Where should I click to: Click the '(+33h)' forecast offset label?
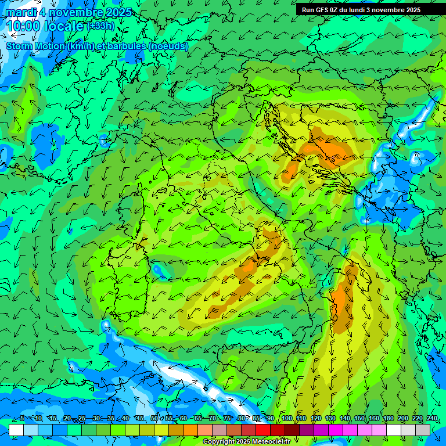[x=100, y=26]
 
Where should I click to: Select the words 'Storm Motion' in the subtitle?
[x=35, y=46]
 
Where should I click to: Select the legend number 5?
[x=21, y=418]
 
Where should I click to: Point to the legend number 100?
[x=286, y=418]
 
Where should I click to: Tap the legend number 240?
[x=432, y=418]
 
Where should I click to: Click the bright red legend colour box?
[x=263, y=430]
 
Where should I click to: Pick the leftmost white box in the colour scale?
[x=16, y=430]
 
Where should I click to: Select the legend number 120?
[x=315, y=418]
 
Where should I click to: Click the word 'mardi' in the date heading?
[x=20, y=12]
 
